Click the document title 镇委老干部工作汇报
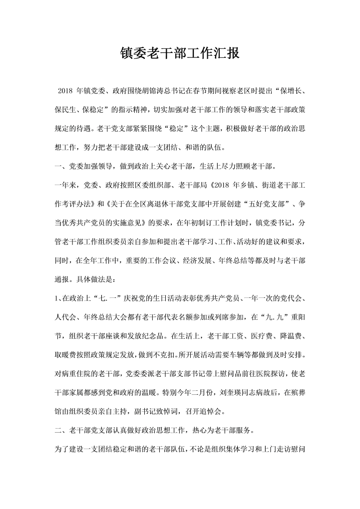180,54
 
